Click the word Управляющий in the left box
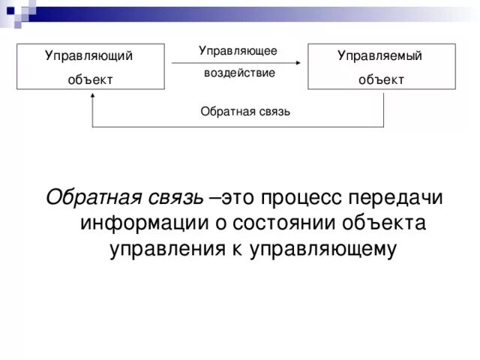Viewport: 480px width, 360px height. tap(89, 55)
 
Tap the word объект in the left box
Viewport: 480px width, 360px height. tap(89, 79)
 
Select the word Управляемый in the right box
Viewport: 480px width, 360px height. tap(379, 55)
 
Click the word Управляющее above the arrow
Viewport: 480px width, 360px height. tap(238, 50)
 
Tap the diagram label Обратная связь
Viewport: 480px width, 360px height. tap(245, 112)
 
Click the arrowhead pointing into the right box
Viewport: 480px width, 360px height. tap(305, 63)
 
